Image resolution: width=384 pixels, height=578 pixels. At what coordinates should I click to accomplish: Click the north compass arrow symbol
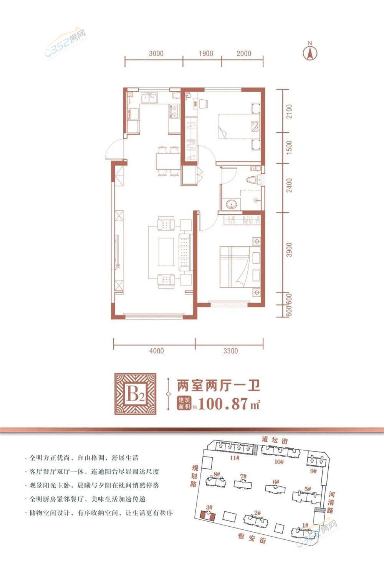pyautogui.click(x=310, y=53)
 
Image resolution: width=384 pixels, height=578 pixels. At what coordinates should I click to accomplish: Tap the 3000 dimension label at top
pyautogui.click(x=156, y=53)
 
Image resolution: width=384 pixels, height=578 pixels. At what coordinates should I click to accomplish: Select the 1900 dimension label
pyautogui.click(x=206, y=53)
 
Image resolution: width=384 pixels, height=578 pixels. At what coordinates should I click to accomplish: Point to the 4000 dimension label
pyautogui.click(x=156, y=351)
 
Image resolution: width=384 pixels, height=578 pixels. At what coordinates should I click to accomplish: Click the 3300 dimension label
pyautogui.click(x=230, y=351)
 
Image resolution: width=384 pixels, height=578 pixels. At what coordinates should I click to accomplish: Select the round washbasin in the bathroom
pyautogui.click(x=232, y=204)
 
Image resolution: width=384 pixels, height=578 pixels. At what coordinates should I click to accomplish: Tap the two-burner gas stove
pyautogui.click(x=174, y=111)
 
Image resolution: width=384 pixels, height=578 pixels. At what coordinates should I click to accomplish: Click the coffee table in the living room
pyautogui.click(x=166, y=252)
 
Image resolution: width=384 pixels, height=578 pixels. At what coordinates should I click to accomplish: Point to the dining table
pyautogui.click(x=168, y=161)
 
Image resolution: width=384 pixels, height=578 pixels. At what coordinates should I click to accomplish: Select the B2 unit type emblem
pyautogui.click(x=136, y=394)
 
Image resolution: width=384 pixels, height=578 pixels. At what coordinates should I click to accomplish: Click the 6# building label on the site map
pyautogui.click(x=276, y=482)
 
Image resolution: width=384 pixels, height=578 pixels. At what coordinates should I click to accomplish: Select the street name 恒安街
pyautogui.click(x=252, y=537)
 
